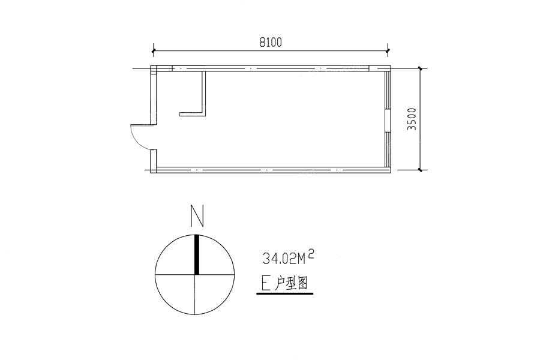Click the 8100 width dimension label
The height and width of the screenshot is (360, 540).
[271, 42]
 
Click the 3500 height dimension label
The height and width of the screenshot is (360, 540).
[412, 119]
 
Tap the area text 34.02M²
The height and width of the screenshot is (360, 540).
[289, 257]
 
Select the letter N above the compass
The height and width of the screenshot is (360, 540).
[197, 216]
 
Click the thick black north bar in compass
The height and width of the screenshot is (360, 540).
[197, 254]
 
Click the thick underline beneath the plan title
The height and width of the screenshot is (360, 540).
[285, 294]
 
